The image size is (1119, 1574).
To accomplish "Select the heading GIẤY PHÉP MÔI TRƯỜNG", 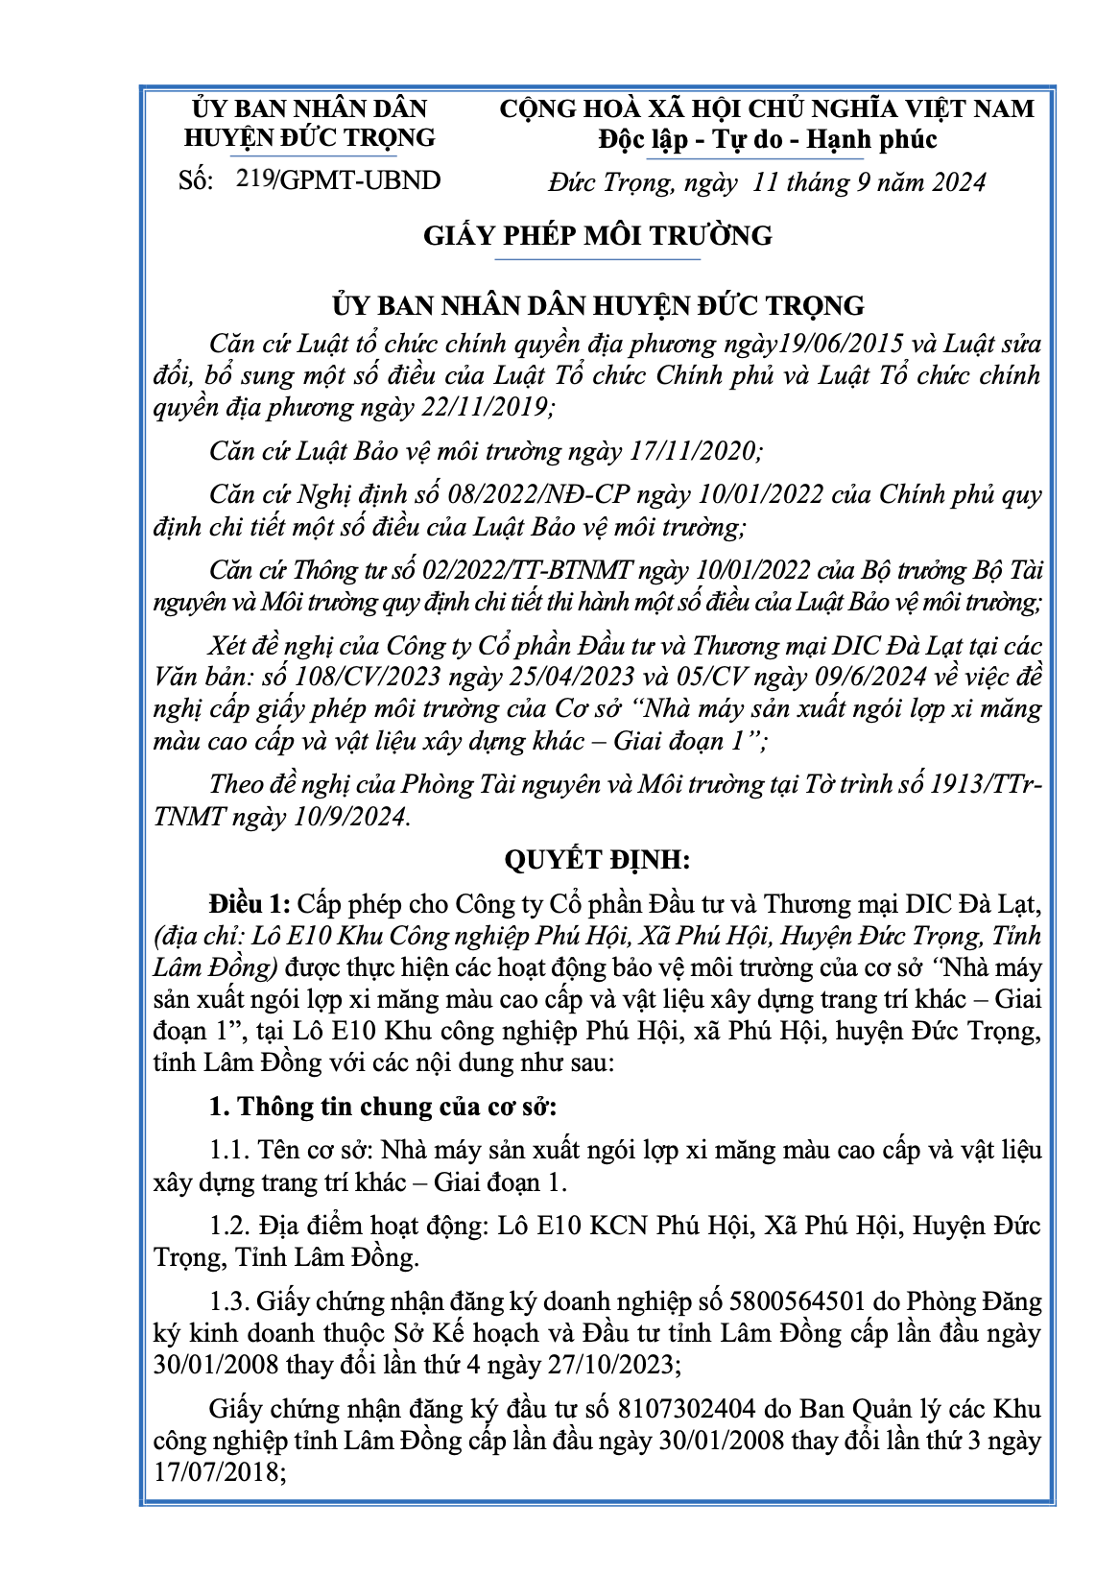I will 597,235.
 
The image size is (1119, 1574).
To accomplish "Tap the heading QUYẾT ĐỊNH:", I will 597,858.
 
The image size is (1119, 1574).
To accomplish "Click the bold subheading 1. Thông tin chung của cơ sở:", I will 383,1106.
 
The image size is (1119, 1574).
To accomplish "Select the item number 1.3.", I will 229,1301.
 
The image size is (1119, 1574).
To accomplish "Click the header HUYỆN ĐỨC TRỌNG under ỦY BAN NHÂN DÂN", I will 309,137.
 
